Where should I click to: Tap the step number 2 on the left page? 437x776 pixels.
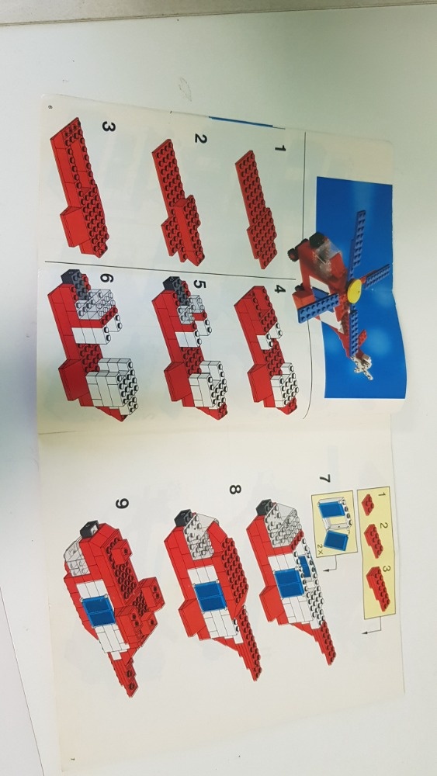tap(200, 140)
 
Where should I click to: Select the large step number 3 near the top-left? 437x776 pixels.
tap(107, 127)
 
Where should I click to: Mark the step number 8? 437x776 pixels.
tap(234, 490)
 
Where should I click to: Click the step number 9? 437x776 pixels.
tap(122, 504)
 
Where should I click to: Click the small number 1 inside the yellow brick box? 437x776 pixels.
tap(380, 494)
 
